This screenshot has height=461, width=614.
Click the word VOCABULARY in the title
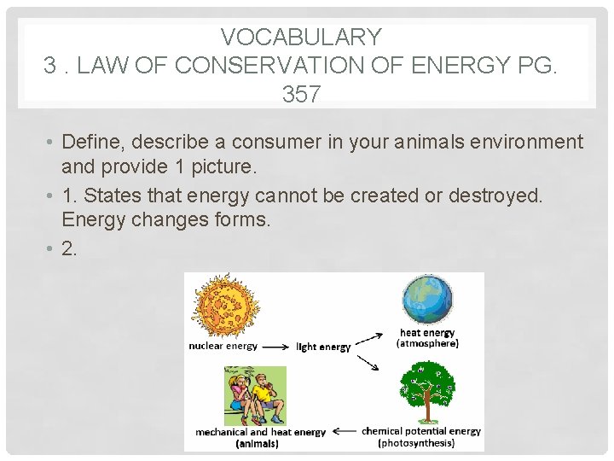click(301, 37)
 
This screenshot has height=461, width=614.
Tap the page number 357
click(301, 94)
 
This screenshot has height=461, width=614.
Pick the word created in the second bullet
click(382, 195)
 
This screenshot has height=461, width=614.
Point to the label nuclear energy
click(223, 347)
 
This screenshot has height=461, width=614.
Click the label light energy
click(323, 347)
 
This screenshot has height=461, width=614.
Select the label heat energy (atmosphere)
click(427, 338)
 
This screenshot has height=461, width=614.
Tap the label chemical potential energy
click(421, 432)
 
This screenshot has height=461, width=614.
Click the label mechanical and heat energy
click(260, 432)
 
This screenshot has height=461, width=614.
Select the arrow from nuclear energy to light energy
click(275, 347)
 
